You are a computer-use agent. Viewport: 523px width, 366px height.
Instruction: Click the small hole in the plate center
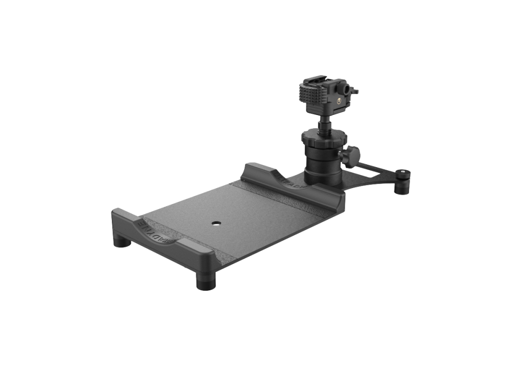[x=216, y=223]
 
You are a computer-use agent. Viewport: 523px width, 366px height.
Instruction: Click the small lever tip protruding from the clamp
[x=356, y=91]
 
